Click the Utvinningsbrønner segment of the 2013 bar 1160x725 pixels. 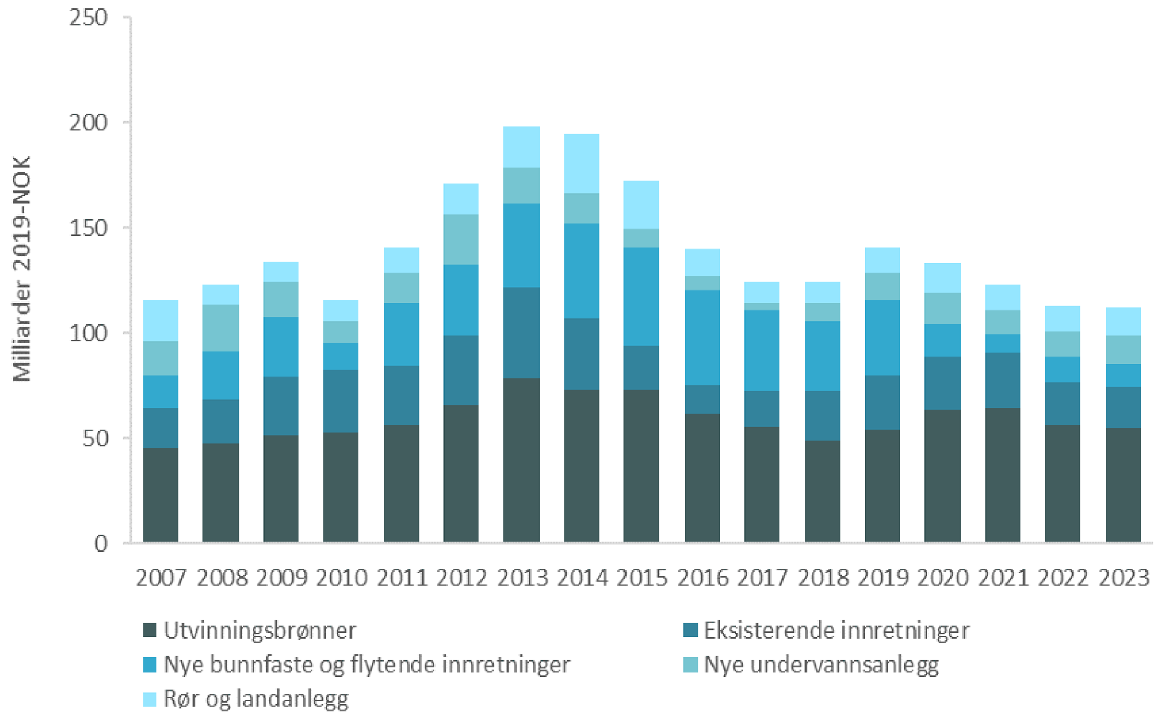tap(521, 459)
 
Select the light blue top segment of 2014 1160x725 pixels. tap(581, 163)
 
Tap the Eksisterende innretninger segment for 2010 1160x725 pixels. tap(341, 401)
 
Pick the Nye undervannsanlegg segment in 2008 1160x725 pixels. tap(221, 327)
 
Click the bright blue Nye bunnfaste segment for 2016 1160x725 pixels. tap(702, 337)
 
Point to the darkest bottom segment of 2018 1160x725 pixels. tap(822, 491)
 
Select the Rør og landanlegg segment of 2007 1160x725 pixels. tap(161, 320)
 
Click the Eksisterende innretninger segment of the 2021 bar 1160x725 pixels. tap(1002, 380)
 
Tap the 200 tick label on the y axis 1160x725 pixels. tap(88, 123)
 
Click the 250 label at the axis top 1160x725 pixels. tap(88, 18)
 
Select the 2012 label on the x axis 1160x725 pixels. tap(462, 578)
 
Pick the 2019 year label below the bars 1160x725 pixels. tap(883, 578)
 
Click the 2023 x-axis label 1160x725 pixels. tap(1123, 578)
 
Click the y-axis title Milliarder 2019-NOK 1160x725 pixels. tap(22, 269)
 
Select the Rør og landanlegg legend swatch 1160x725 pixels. tap(150, 699)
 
